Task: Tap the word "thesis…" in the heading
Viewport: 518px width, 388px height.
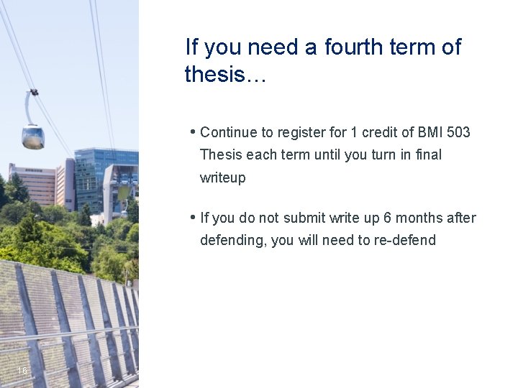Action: point(225,74)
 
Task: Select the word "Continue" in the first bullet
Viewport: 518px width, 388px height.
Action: point(227,132)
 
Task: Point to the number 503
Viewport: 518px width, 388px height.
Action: point(458,132)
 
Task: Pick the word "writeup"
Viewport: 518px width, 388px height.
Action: point(222,177)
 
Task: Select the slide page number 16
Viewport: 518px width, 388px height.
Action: point(22,371)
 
